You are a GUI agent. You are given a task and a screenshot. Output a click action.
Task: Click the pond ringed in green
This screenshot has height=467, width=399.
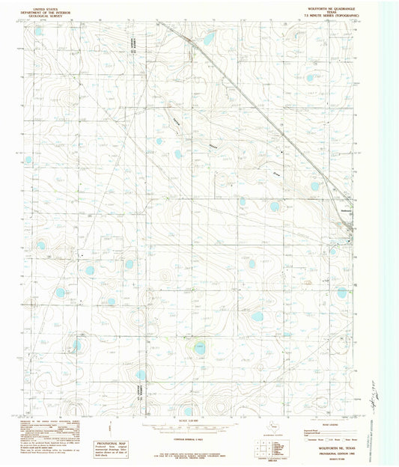(199, 347)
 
